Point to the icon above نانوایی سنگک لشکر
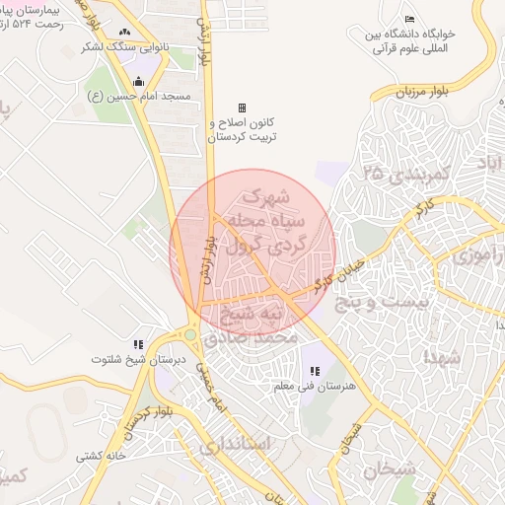124,32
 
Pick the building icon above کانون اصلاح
242,108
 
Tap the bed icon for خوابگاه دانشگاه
409,21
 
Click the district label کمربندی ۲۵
405,173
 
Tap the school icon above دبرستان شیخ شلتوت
138,344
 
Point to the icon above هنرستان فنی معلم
314,371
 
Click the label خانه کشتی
103,457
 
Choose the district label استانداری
235,445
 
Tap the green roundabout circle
189,335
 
